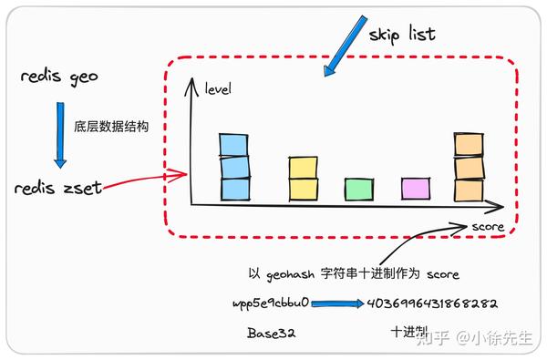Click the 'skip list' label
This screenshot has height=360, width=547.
point(402,35)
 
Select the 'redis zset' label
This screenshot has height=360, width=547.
point(57,189)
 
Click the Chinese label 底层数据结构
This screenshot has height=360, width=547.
point(111,125)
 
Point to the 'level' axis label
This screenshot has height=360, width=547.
point(218,88)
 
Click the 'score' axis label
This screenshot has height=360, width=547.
point(488,226)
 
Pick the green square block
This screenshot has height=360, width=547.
point(358,189)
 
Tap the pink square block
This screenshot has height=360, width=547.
point(416,189)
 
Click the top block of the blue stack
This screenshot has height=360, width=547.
point(233,145)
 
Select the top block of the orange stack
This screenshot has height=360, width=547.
point(468,145)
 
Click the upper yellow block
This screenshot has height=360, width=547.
point(303,168)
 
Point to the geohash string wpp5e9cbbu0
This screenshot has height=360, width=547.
point(272,303)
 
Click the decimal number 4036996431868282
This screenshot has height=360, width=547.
point(430,303)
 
